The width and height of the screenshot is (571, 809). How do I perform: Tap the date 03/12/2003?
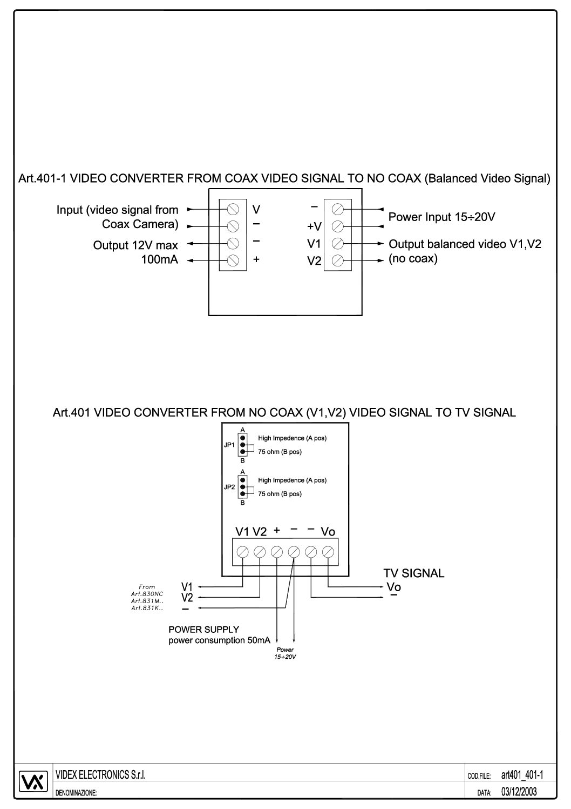click(x=519, y=792)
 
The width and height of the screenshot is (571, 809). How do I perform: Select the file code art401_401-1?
click(x=522, y=775)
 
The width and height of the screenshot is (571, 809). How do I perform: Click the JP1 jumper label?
click(x=229, y=445)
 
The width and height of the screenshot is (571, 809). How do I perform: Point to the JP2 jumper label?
click(x=229, y=487)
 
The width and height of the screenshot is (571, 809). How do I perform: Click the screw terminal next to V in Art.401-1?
click(x=233, y=209)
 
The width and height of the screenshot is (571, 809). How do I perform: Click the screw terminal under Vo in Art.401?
click(x=328, y=552)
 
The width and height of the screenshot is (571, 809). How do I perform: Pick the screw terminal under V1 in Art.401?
click(x=243, y=552)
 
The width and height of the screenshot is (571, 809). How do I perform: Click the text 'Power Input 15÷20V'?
click(x=442, y=217)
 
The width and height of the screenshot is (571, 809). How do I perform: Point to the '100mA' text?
click(x=160, y=260)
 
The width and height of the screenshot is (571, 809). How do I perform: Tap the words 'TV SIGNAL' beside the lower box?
click(x=414, y=573)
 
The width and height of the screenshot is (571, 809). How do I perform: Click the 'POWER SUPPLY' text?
click(x=203, y=630)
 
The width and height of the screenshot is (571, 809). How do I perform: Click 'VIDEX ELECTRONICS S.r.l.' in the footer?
click(x=101, y=775)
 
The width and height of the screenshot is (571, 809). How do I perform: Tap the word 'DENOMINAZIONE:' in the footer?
click(x=76, y=793)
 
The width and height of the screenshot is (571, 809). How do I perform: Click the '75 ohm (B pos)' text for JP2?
click(x=280, y=494)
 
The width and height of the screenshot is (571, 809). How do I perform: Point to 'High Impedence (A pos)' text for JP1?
click(x=292, y=438)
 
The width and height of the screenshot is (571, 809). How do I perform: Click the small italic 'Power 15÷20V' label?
click(x=285, y=653)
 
